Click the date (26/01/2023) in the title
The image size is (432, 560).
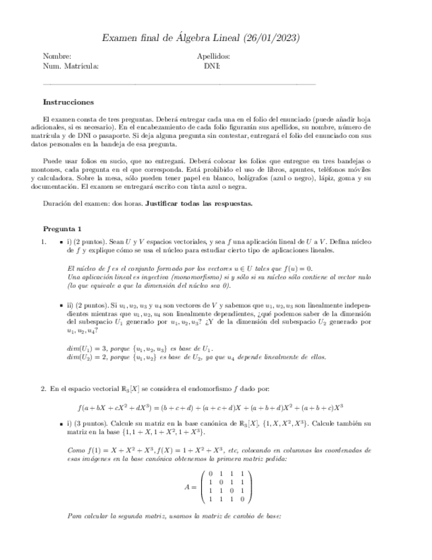[x=272, y=38]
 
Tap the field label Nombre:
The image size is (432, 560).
[x=57, y=57]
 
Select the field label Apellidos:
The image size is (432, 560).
[x=213, y=57]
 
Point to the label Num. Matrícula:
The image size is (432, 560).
[x=71, y=66]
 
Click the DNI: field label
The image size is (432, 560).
[x=212, y=66]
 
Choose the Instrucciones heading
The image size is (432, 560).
[x=68, y=102]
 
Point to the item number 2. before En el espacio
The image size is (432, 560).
[x=44, y=389]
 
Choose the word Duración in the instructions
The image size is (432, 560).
[x=57, y=203]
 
